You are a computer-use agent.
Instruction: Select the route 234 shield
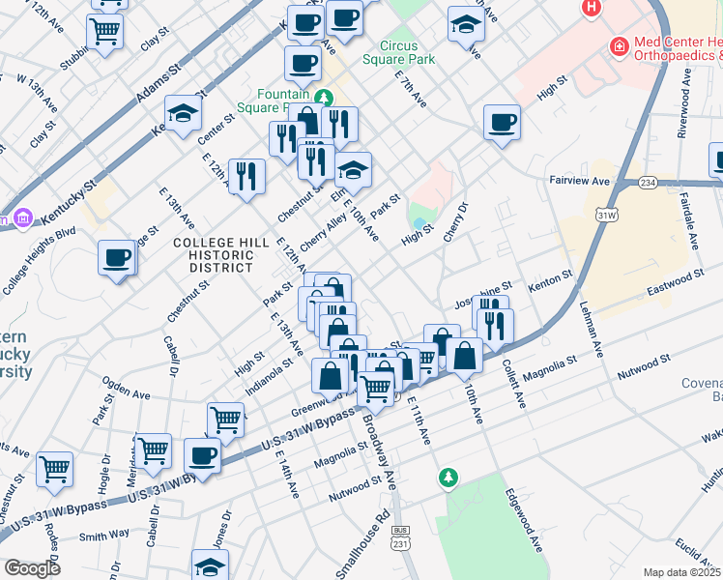point(647,182)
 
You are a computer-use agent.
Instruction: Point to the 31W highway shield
point(606,214)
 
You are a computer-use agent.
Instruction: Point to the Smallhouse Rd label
point(362,542)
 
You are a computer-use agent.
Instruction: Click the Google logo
point(33,568)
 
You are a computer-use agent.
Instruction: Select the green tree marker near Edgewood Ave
point(448,477)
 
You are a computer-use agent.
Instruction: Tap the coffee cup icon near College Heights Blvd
point(117,257)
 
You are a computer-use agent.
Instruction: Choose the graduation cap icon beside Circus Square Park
point(466,23)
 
